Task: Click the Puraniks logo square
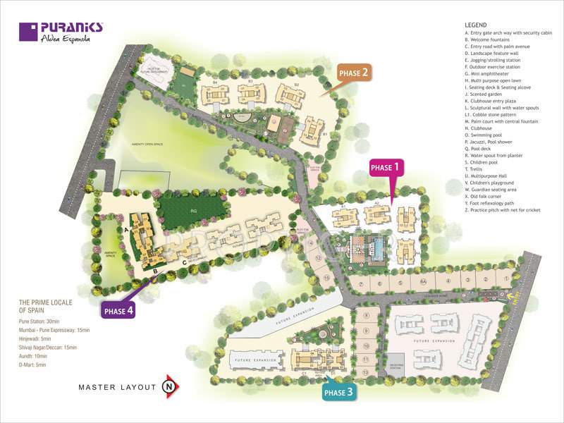(28, 32)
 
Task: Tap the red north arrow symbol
(170, 386)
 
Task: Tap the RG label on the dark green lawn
(194, 209)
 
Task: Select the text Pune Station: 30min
(44, 321)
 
